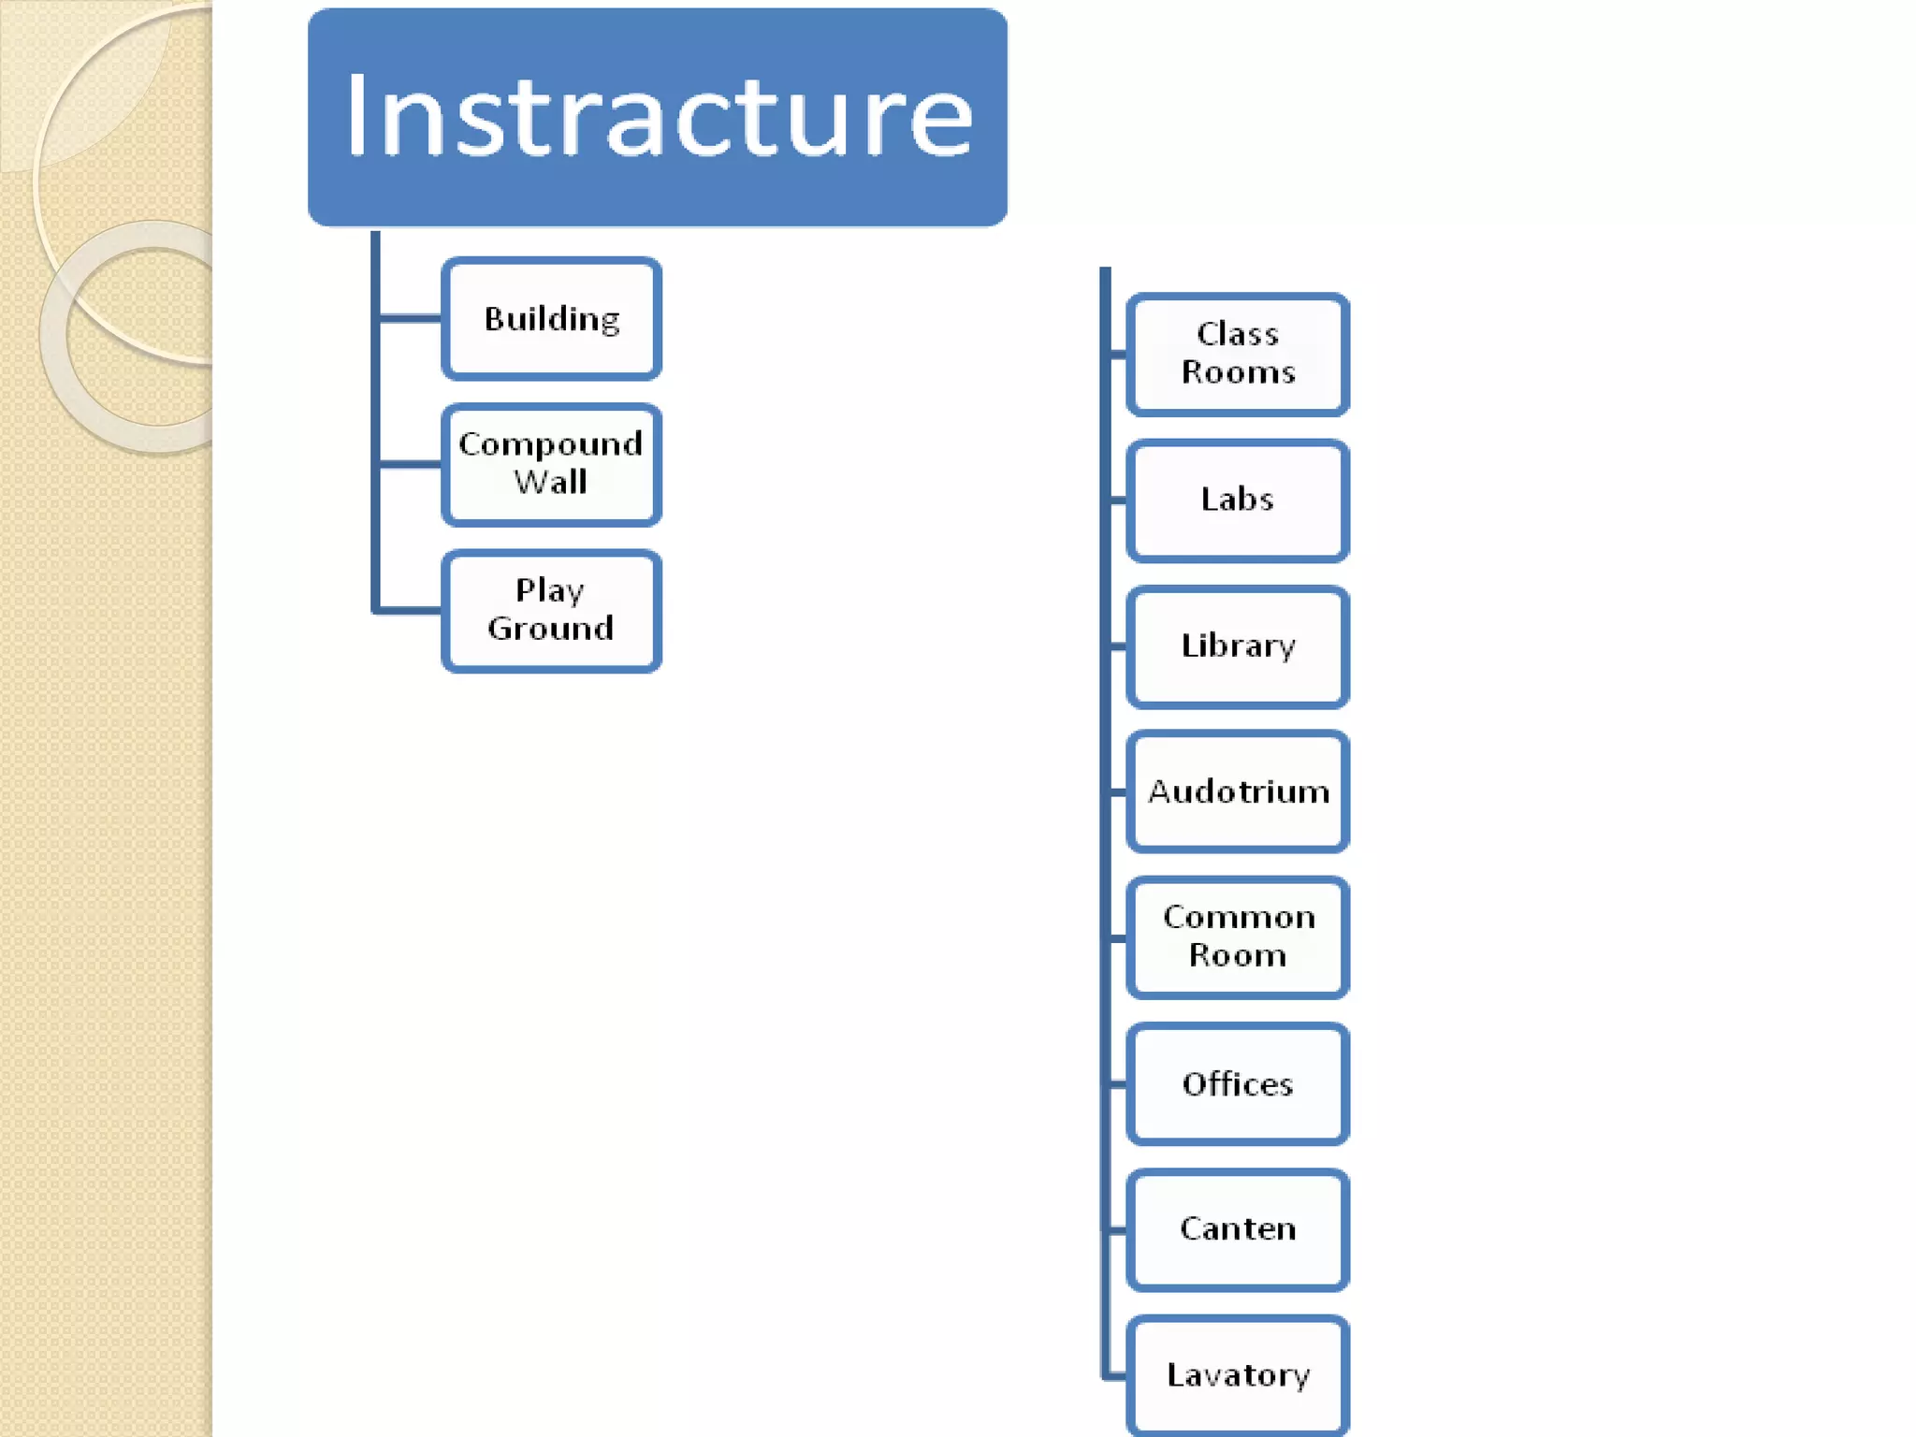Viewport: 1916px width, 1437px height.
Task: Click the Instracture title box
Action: tap(657, 117)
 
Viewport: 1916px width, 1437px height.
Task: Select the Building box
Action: tap(551, 319)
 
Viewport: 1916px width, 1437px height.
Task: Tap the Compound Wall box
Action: tap(551, 464)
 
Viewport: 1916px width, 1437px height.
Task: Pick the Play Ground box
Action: tap(551, 610)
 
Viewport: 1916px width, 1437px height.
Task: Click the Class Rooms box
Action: tap(1237, 354)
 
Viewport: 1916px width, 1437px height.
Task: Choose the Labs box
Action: tap(1237, 501)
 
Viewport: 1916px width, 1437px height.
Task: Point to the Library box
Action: tap(1237, 646)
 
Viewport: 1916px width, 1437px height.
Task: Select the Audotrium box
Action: tap(1237, 791)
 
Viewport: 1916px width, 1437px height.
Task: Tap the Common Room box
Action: tap(1237, 937)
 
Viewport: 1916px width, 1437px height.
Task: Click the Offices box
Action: tap(1237, 1083)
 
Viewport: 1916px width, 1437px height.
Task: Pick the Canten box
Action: tap(1237, 1229)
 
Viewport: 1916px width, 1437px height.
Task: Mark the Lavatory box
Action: tap(1237, 1375)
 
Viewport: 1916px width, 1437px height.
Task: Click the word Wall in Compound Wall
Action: tap(550, 483)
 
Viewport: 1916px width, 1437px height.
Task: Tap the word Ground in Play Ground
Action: tap(550, 629)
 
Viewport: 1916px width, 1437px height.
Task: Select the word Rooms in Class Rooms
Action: tap(1238, 372)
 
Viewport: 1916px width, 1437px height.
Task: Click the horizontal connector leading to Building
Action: tap(410, 319)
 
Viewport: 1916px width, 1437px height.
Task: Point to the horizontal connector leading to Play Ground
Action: tap(410, 611)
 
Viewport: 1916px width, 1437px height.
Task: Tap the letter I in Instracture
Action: tap(358, 116)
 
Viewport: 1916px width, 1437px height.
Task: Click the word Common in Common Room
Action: tap(1239, 918)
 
